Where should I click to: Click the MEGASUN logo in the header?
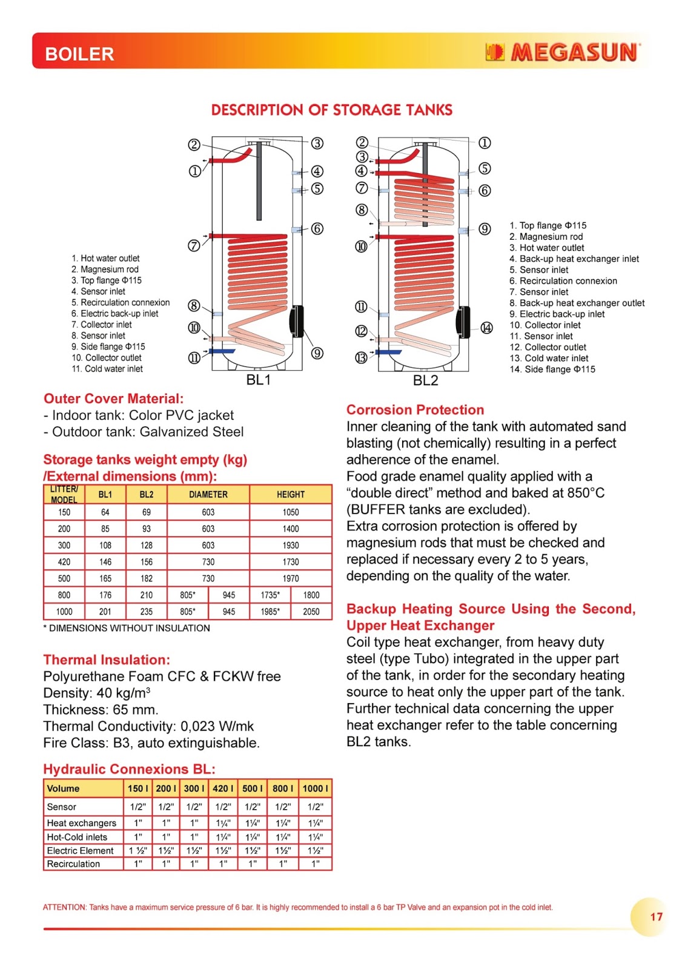point(563,53)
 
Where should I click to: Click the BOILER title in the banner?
point(79,54)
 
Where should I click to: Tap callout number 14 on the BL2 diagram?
point(486,328)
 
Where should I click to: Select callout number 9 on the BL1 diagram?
point(317,353)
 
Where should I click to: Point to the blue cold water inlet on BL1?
point(222,351)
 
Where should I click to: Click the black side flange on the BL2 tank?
point(463,317)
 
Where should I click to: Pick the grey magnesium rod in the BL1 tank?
point(259,182)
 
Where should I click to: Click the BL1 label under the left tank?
point(259,380)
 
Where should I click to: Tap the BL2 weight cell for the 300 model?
point(147,545)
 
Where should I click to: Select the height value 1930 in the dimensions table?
point(291,545)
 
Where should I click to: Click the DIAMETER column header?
point(208,494)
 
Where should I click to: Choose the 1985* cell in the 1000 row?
point(270,612)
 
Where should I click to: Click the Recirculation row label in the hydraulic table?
point(73,864)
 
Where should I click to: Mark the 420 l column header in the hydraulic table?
point(223,788)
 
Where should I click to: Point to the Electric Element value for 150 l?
point(138,850)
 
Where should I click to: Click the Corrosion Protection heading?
point(415,409)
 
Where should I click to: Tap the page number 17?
point(657,916)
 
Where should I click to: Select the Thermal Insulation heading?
point(107,660)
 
